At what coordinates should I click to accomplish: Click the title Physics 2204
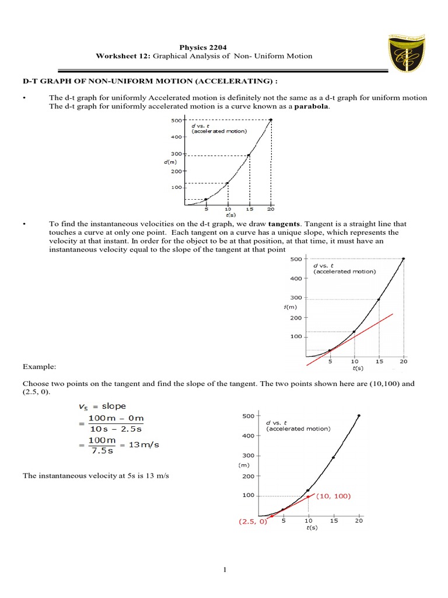tap(204, 47)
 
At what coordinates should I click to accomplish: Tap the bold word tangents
tap(283, 224)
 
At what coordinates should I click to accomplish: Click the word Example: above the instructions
tap(39, 366)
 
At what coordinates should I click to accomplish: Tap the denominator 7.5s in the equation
tap(101, 451)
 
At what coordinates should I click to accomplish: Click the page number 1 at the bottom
tap(223, 571)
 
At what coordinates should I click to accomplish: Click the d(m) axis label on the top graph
tap(170, 162)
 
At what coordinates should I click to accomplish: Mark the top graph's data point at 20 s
tap(271, 120)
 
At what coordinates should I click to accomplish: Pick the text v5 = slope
tap(102, 406)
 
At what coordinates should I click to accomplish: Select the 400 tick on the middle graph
tap(296, 279)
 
